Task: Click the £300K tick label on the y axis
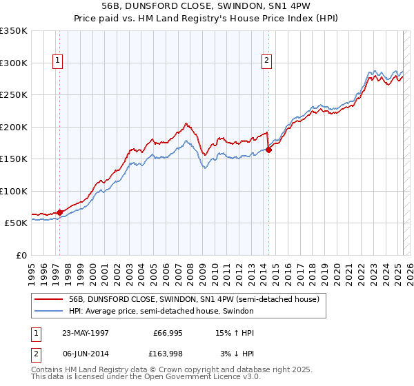coord(13,63)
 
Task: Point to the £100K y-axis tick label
coord(13,191)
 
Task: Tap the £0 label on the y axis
coord(21,255)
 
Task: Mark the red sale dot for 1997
coord(60,212)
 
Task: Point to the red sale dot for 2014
coord(268,150)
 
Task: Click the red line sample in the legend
coord(48,300)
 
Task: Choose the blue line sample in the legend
coord(48,311)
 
